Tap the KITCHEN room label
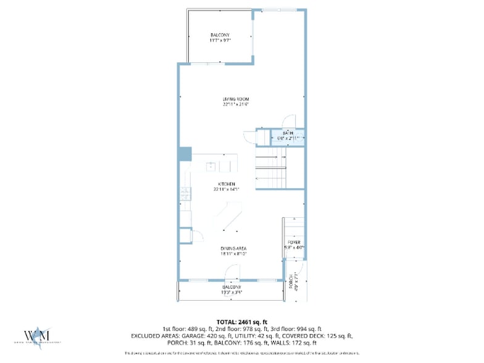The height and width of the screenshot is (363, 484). (x=227, y=184)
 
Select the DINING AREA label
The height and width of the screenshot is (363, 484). (x=233, y=248)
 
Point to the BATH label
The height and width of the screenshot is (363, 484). (x=288, y=133)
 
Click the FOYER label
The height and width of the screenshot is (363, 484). (x=294, y=242)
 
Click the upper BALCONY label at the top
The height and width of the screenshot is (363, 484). (x=220, y=35)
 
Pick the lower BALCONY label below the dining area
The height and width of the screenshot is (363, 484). (x=232, y=287)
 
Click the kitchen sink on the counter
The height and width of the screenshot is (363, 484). (x=212, y=165)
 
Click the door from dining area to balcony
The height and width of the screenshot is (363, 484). (x=232, y=272)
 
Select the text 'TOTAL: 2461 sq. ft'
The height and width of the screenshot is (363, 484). (x=241, y=321)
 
